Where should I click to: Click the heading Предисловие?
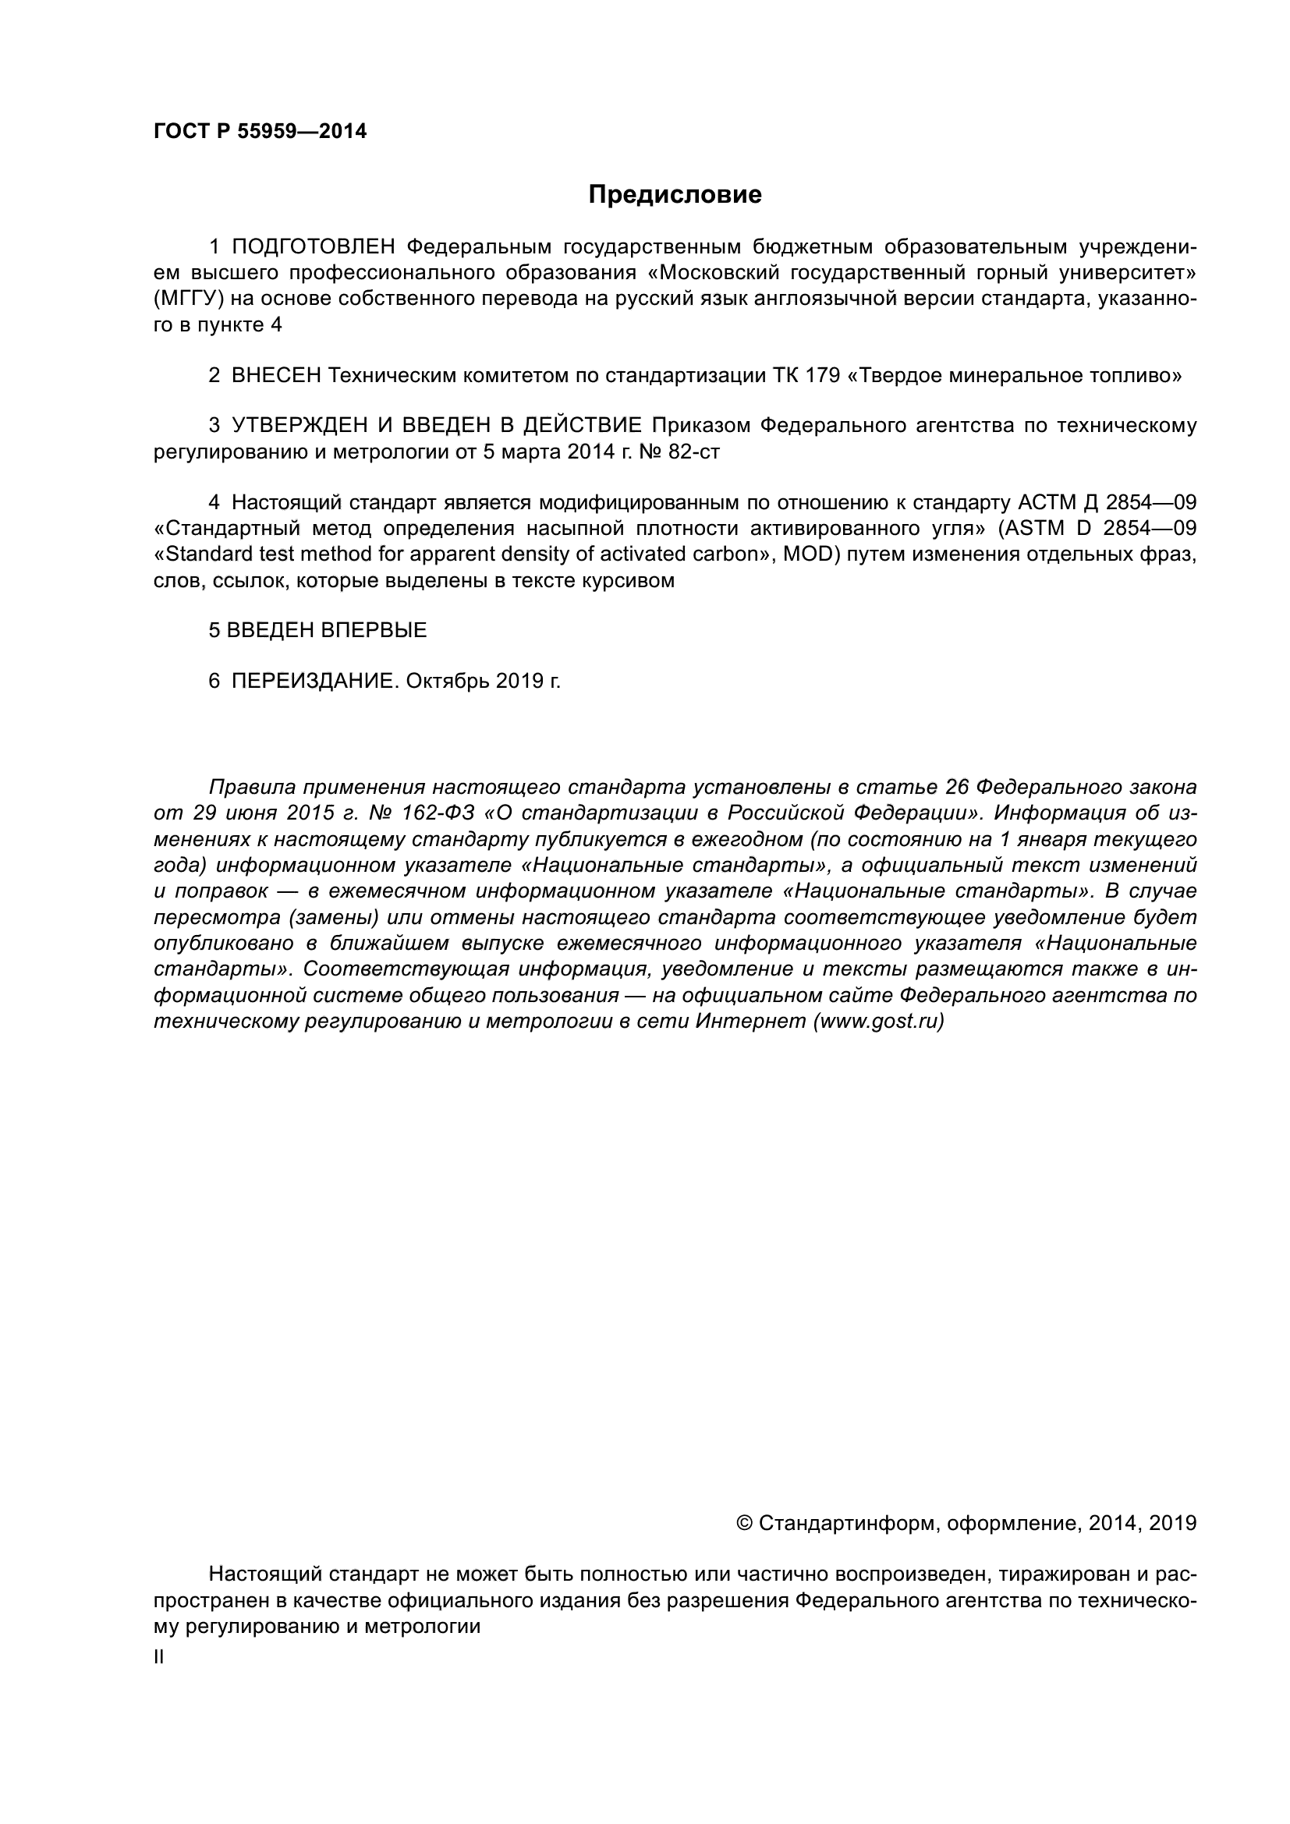675,195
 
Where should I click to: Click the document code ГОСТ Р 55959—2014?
260,132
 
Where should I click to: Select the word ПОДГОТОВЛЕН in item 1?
313,247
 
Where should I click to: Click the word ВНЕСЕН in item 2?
275,375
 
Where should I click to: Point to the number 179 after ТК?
823,375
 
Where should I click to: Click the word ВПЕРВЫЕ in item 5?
374,630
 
